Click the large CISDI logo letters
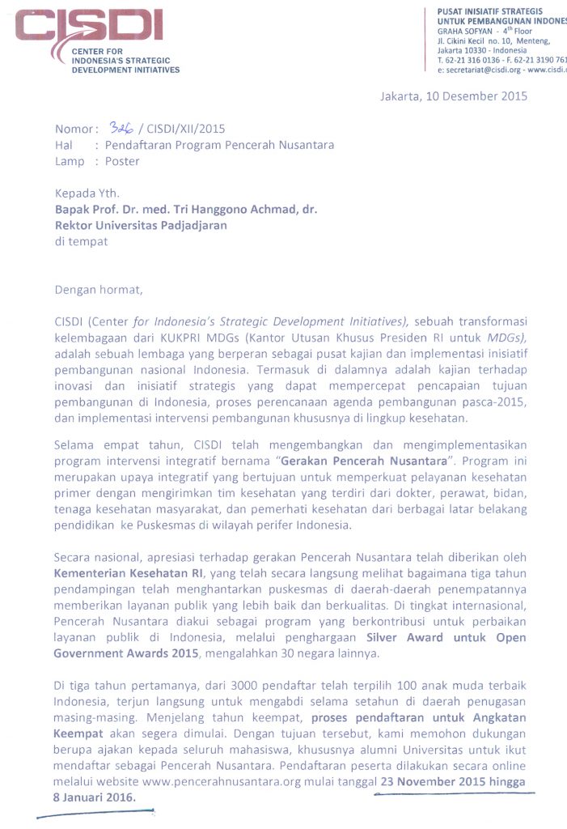(x=89, y=27)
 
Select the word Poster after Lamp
(x=122, y=161)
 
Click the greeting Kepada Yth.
(x=87, y=193)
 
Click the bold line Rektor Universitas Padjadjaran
(x=141, y=225)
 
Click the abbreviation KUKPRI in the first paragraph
(x=187, y=338)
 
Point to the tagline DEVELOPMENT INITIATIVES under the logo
(x=126, y=70)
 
